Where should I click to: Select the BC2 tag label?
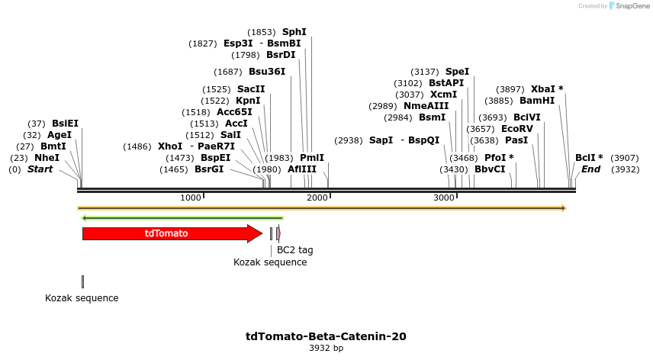click(294, 249)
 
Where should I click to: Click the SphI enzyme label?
click(294, 32)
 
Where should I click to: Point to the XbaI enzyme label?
click(547, 88)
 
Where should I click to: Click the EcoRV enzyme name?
click(517, 129)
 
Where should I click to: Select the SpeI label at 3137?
click(457, 72)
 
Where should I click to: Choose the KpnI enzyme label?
click(248, 101)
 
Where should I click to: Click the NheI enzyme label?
click(47, 158)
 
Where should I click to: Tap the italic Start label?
click(40, 169)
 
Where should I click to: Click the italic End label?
click(590, 169)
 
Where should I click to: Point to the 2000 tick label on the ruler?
click(317, 198)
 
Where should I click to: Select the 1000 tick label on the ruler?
click(191, 198)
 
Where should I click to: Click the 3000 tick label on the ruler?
click(444, 198)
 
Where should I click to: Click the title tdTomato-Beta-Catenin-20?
click(326, 336)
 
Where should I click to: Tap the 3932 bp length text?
click(326, 348)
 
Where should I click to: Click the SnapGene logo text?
click(628, 6)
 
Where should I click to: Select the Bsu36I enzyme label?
click(267, 72)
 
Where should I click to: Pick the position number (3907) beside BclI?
click(625, 158)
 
